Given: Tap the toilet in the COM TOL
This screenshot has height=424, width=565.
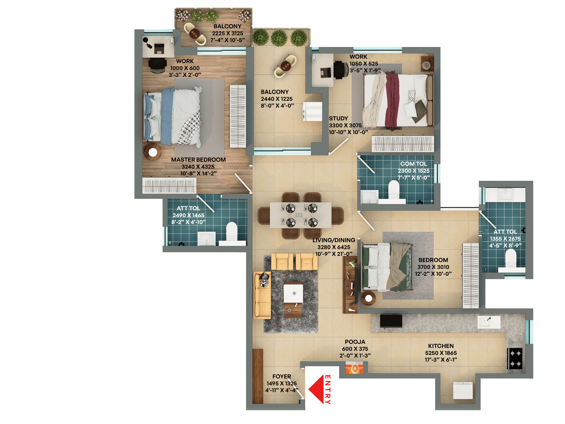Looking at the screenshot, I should (393, 190).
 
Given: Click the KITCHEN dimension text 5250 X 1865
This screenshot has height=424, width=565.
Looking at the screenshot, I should (441, 353).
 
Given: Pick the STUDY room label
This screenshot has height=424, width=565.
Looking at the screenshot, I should (338, 118).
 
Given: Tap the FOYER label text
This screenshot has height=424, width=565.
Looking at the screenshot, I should (282, 376).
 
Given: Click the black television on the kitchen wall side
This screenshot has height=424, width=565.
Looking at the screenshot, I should (391, 321).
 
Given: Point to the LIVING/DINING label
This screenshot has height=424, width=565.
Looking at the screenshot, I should (334, 240).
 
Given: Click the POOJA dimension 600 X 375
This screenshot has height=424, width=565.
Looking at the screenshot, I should (355, 349).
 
